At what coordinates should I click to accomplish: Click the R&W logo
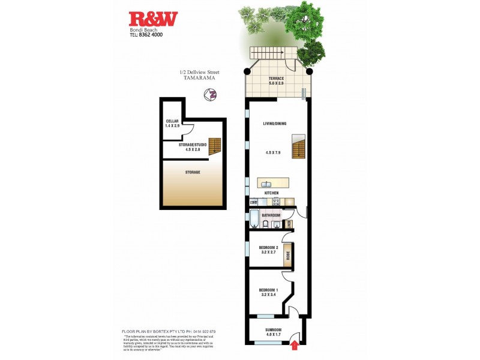(154, 19)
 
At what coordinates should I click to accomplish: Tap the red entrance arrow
(295, 344)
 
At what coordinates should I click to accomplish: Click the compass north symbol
(211, 95)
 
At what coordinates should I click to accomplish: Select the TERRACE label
(276, 79)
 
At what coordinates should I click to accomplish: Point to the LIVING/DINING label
(274, 124)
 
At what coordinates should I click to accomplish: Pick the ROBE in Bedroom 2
(287, 253)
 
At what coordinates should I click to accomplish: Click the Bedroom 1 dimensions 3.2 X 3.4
(268, 295)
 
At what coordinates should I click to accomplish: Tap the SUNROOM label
(273, 330)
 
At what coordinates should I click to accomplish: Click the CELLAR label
(172, 121)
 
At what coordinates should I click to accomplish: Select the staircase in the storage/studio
(215, 146)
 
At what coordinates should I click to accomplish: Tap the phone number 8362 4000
(149, 35)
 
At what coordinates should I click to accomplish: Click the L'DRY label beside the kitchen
(253, 202)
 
